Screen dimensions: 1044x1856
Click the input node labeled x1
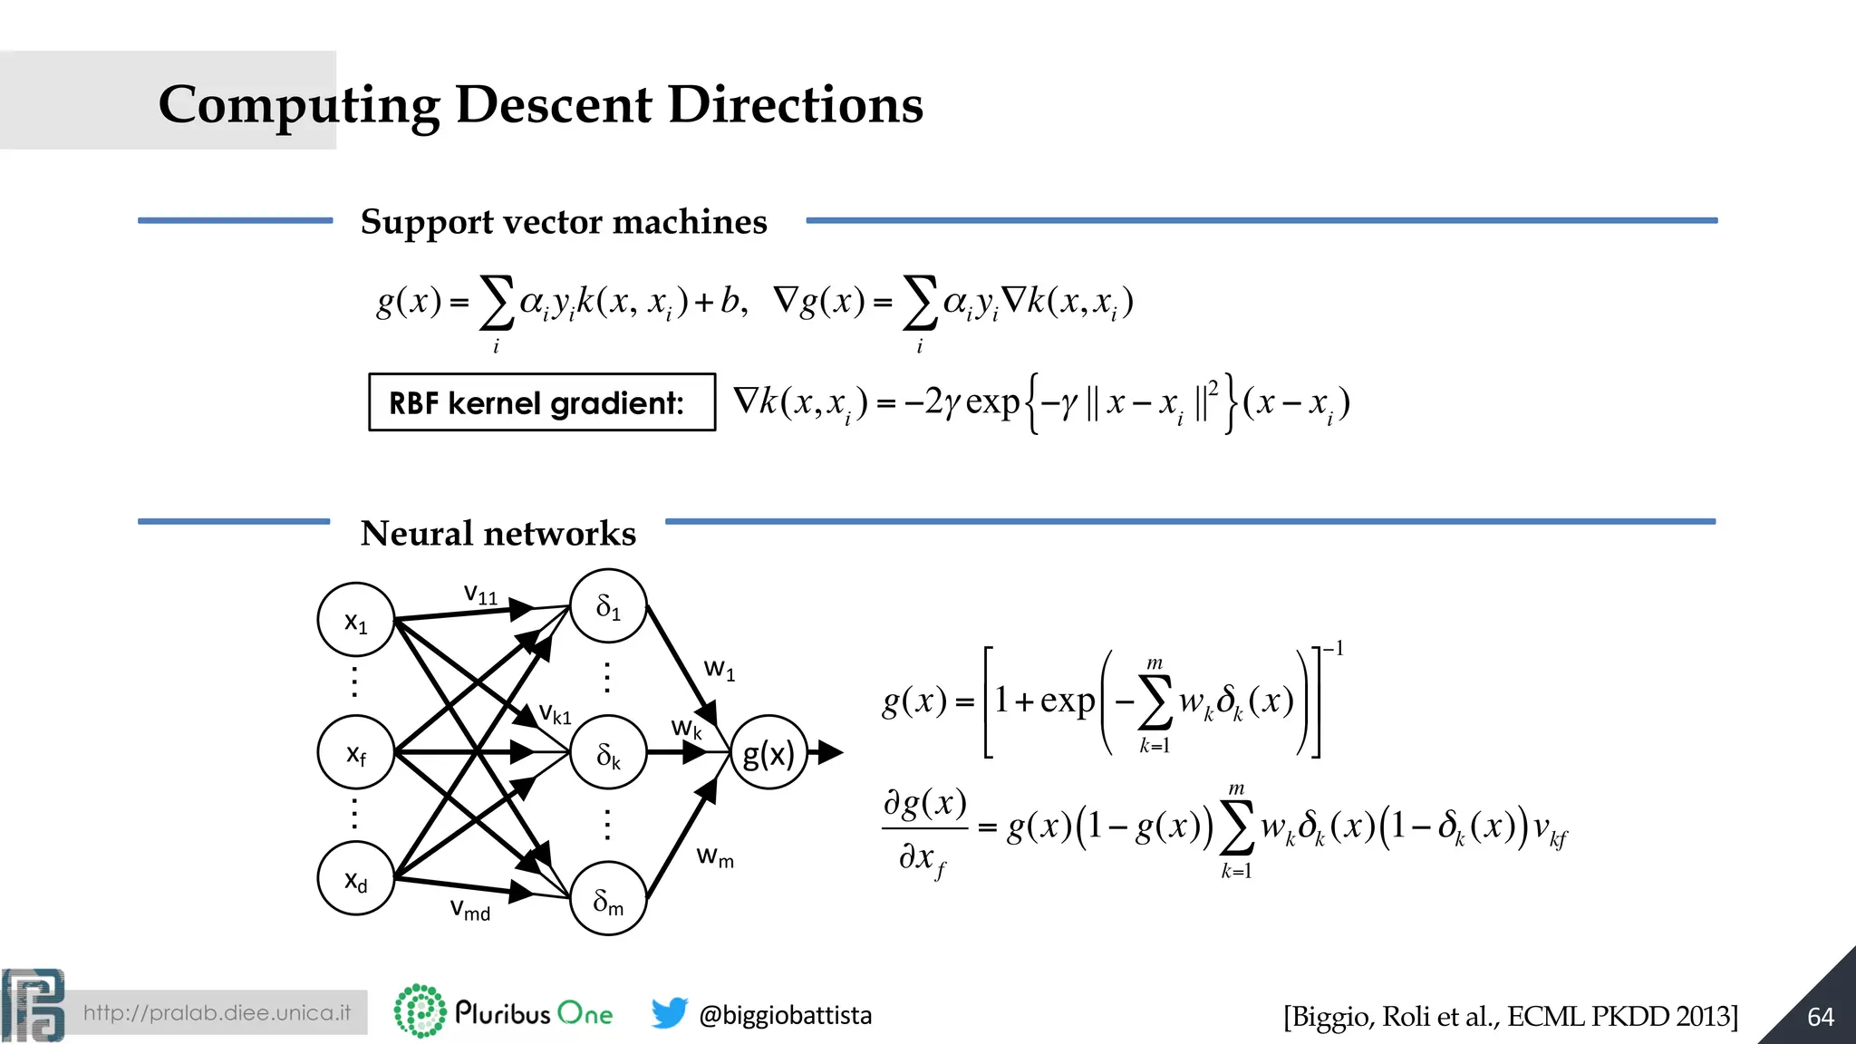(x=356, y=621)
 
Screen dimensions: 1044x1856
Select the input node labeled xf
(x=356, y=752)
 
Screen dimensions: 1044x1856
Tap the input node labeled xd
(x=356, y=878)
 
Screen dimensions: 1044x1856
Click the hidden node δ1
(x=608, y=607)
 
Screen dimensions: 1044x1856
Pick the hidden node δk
(x=608, y=753)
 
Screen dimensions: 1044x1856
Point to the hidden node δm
(x=608, y=899)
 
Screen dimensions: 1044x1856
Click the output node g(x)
(x=768, y=753)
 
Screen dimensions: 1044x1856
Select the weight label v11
(x=480, y=594)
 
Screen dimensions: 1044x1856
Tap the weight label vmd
(x=469, y=909)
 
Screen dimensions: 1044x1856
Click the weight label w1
(x=720, y=670)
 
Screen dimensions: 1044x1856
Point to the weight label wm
(x=715, y=856)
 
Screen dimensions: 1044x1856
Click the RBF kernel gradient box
(x=542, y=402)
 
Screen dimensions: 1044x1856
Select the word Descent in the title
(x=553, y=104)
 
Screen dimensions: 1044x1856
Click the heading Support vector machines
(x=564, y=222)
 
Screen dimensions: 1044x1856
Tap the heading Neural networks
(x=498, y=534)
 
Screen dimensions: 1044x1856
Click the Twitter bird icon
(x=670, y=1013)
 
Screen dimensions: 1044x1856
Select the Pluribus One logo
(x=504, y=1011)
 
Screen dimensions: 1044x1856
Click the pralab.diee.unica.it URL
(x=217, y=1013)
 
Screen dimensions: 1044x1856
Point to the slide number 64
(x=1820, y=1017)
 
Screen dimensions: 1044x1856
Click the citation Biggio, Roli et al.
(x=1510, y=1017)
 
